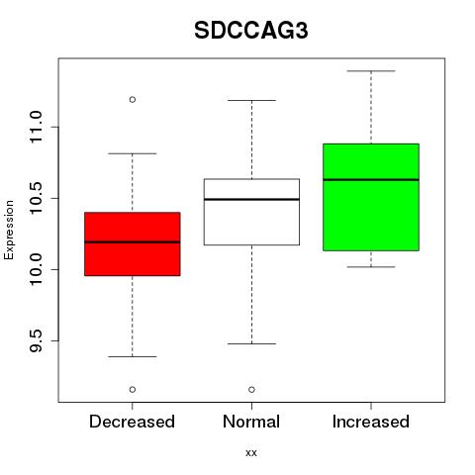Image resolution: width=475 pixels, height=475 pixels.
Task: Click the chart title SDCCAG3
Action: click(x=251, y=31)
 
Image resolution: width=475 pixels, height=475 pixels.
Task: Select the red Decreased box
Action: click(x=133, y=243)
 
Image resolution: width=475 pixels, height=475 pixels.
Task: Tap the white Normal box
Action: click(x=251, y=212)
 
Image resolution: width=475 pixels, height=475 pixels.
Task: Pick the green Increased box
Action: click(x=371, y=197)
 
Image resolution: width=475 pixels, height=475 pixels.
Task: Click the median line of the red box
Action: click(x=133, y=242)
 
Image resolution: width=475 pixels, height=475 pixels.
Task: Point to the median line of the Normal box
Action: click(x=251, y=199)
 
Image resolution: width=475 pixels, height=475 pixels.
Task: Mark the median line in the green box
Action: click(x=371, y=180)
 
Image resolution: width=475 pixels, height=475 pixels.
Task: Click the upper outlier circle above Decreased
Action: click(x=133, y=99)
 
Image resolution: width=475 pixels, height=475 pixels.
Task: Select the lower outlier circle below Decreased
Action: click(x=133, y=390)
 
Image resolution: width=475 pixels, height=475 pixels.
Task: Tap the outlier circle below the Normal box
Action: click(x=251, y=390)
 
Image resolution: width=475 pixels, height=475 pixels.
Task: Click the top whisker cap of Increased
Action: click(x=371, y=71)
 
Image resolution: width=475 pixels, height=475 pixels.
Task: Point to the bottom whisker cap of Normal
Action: click(x=251, y=343)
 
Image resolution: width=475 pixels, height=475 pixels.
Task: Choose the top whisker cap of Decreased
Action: click(x=133, y=153)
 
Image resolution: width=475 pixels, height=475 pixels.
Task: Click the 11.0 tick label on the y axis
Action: click(x=36, y=128)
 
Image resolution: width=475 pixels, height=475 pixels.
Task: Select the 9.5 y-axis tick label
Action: click(x=36, y=340)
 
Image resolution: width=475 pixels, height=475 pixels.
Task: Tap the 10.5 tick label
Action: click(x=36, y=198)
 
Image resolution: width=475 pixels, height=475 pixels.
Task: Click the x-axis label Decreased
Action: click(x=132, y=422)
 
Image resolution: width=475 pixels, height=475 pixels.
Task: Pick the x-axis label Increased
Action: click(x=371, y=422)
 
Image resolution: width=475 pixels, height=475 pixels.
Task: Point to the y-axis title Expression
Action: click(x=9, y=230)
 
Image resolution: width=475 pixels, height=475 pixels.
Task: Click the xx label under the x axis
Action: click(x=251, y=452)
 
